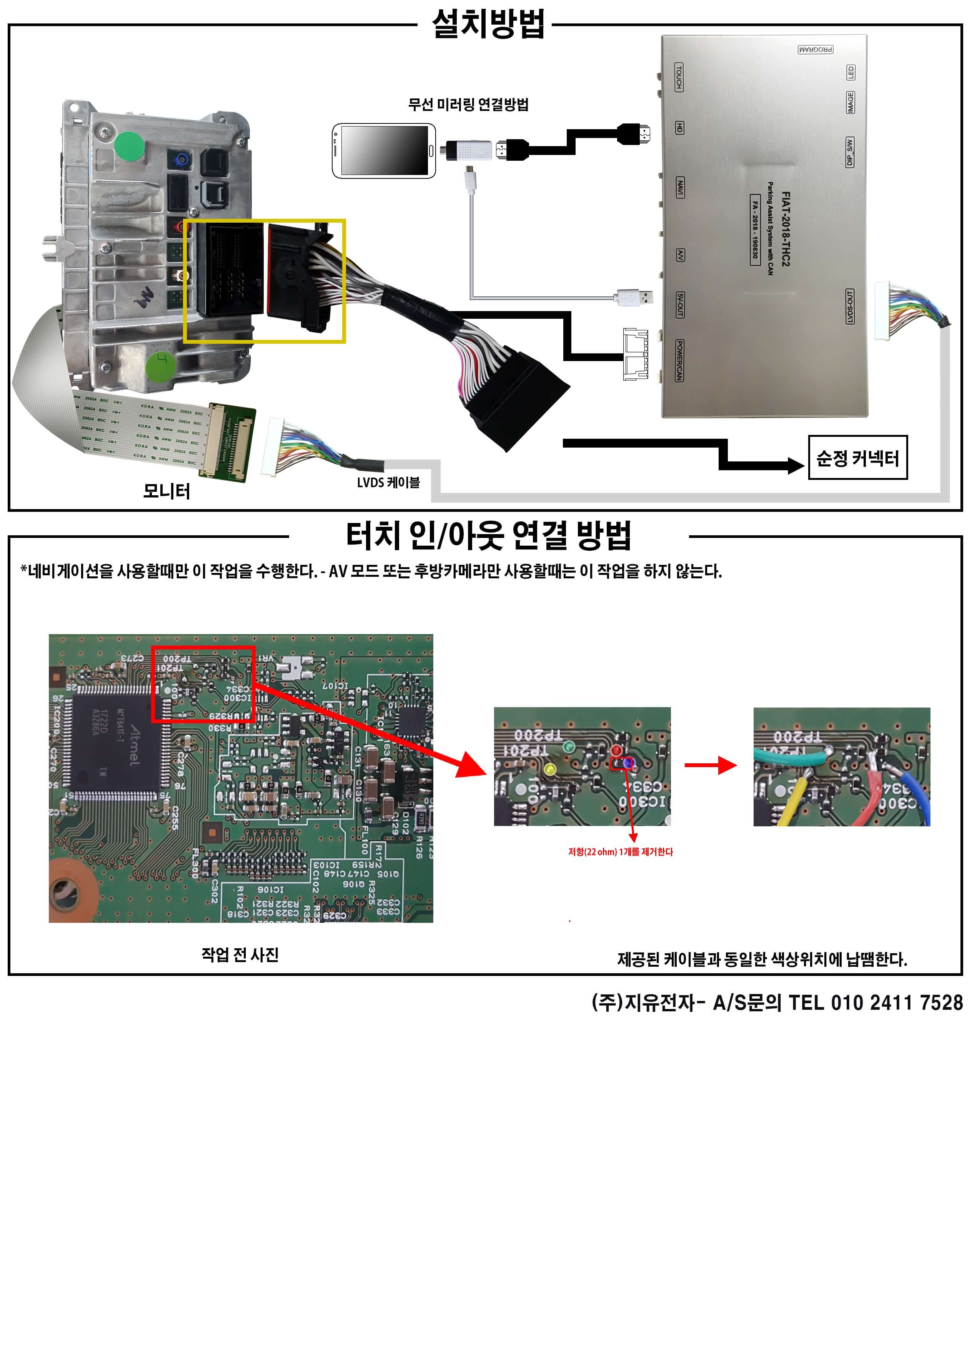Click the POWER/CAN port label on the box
click(x=679, y=360)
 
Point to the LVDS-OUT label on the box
click(x=849, y=306)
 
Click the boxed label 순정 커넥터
click(x=857, y=458)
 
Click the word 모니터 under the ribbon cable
click(x=166, y=491)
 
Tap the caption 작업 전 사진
click(x=240, y=954)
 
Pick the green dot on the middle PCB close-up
click(x=569, y=747)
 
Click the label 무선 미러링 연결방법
click(x=468, y=105)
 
